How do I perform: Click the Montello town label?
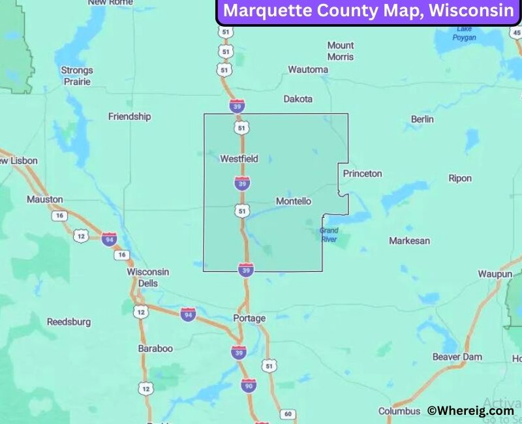(293, 202)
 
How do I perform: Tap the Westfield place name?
(239, 159)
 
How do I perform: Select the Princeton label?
(362, 174)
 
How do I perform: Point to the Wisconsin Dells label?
(147, 277)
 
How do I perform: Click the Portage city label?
(249, 318)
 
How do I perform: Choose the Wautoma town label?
(308, 69)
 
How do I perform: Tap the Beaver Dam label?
(457, 357)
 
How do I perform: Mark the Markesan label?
(409, 241)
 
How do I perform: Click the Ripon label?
(460, 178)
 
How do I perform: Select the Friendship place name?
(129, 117)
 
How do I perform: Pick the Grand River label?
(329, 235)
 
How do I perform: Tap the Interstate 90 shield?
(248, 385)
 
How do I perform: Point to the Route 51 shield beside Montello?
(242, 211)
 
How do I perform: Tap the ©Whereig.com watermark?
(470, 410)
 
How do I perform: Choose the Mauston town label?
(45, 199)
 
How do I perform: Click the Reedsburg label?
(69, 322)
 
